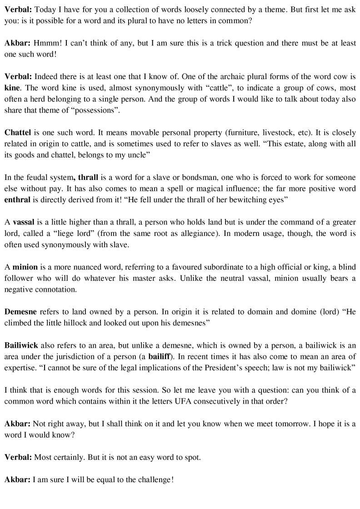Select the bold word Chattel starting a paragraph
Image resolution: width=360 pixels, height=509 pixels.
click(18, 132)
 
